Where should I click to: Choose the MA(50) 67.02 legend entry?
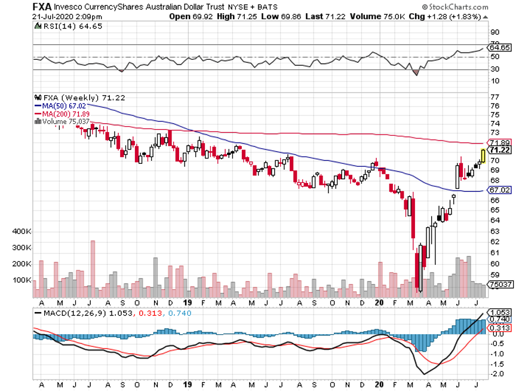coord(59,105)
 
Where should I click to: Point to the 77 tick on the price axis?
coord(494,96)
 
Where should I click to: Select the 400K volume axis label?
coord(24,231)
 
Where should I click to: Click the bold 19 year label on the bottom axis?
coord(188,303)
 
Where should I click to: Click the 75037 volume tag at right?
coord(499,285)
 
